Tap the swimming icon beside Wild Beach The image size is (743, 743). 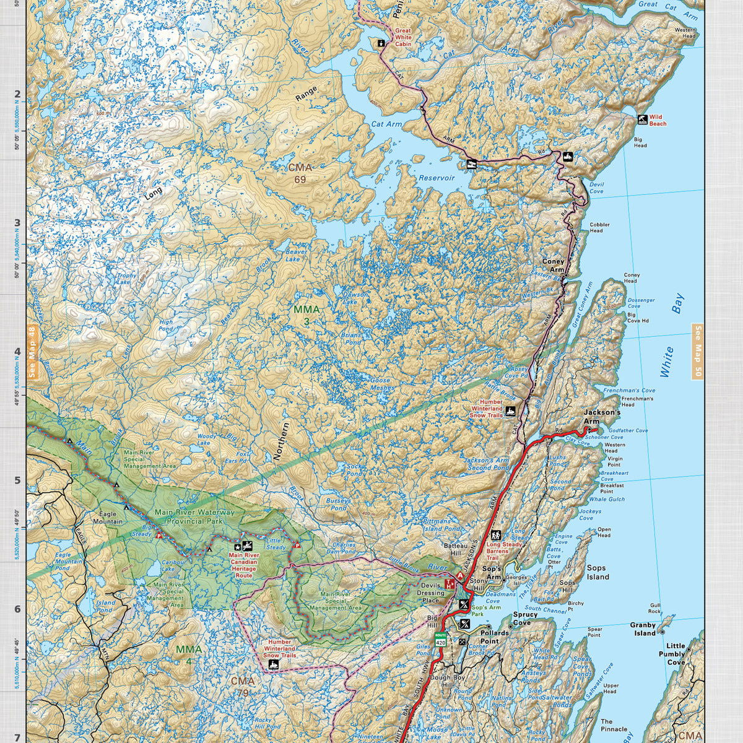coord(643,119)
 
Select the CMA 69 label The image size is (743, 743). coord(300,173)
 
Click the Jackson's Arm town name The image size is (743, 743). coord(602,417)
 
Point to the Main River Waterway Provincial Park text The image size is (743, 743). coord(194,516)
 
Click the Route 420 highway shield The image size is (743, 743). coord(440,640)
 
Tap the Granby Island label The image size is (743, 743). coord(643,629)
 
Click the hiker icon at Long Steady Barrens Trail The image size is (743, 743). coord(495,535)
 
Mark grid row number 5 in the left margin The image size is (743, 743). coord(17,480)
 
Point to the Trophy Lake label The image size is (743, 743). coord(126,279)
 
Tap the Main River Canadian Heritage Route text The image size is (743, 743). coord(243,565)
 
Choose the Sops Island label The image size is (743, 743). coord(597,572)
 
